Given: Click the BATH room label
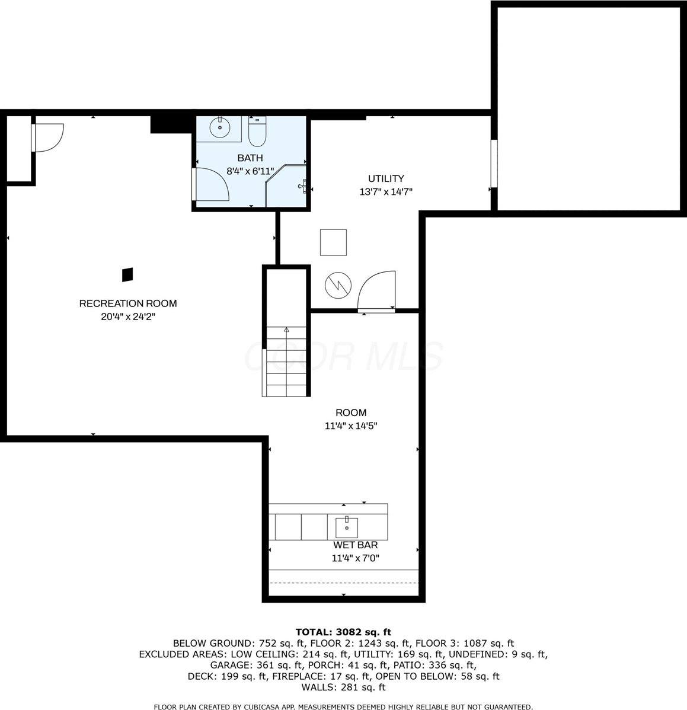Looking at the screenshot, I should [250, 158].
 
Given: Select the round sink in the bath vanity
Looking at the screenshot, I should [220, 127].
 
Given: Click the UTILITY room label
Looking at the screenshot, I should [386, 178].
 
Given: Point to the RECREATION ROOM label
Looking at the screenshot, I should [128, 303].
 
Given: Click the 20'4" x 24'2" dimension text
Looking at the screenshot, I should [128, 317].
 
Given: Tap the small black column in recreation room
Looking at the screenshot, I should [127, 274].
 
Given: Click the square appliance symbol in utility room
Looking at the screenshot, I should [334, 242].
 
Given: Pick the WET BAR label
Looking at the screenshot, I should [355, 545].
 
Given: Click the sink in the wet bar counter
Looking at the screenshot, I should [346, 526].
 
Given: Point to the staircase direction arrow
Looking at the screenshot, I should [287, 330].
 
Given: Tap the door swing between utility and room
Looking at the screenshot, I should [377, 290].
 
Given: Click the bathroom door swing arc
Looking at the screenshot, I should [212, 184].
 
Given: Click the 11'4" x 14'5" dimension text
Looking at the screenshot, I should [351, 426].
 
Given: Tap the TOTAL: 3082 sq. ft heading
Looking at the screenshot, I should [343, 632].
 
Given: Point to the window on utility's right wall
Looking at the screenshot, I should [494, 164].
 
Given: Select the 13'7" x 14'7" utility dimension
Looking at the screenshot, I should [386, 191].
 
